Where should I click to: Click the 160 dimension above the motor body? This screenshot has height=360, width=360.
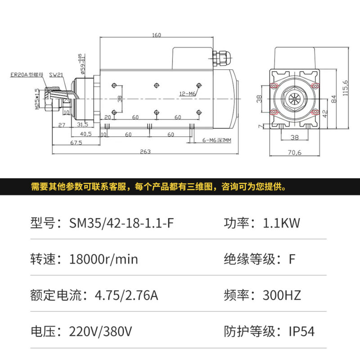click(x=157, y=35)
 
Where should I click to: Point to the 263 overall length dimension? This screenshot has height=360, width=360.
click(x=145, y=152)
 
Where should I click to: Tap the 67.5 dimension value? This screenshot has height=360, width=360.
click(x=76, y=143)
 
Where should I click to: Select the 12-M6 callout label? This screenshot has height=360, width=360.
click(x=187, y=94)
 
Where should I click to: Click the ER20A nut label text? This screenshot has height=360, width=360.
click(x=27, y=75)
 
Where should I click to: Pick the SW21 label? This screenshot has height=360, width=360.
click(x=56, y=75)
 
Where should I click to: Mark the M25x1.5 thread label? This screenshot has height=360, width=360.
click(x=37, y=99)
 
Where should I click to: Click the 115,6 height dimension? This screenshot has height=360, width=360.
click(x=345, y=88)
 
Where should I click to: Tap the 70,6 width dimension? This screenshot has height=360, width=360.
click(x=295, y=152)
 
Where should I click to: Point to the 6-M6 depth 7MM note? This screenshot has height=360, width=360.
click(x=217, y=140)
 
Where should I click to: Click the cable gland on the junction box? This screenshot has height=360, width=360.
click(x=221, y=58)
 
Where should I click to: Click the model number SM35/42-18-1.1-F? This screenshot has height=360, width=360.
click(x=121, y=223)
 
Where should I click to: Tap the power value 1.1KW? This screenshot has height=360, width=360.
click(x=281, y=223)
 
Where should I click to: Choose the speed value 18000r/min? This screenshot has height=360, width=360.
click(x=103, y=259)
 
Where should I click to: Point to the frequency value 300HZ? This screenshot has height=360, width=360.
click(x=282, y=295)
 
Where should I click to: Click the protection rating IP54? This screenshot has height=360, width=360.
click(x=301, y=331)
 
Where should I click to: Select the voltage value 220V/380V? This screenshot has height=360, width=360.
click(x=100, y=332)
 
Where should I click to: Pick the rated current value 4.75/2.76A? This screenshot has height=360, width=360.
click(x=126, y=296)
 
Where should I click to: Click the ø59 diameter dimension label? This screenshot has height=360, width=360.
click(x=82, y=64)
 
